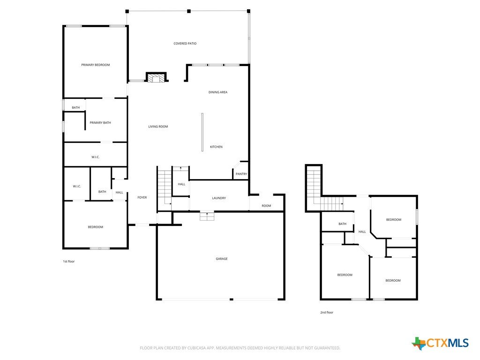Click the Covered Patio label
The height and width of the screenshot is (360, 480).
[x=185, y=44]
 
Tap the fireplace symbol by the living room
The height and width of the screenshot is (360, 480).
[x=156, y=77]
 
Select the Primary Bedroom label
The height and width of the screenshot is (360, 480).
[x=96, y=65]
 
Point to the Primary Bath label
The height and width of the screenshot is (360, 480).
[x=100, y=123]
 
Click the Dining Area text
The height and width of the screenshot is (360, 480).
[x=218, y=92]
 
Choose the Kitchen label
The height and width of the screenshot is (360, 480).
[x=216, y=147]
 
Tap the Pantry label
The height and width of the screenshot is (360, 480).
[x=241, y=174]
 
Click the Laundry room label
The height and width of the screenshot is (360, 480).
[x=219, y=198]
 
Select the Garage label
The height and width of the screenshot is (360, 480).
[x=222, y=259]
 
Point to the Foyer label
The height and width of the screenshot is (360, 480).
[x=142, y=197]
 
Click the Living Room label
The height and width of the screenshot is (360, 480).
[x=158, y=127]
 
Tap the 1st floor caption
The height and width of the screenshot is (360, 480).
[x=69, y=262]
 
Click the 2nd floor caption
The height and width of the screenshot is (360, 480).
[x=327, y=313]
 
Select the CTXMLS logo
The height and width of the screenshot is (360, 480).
[x=440, y=343]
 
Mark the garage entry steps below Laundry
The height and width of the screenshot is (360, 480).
[x=207, y=216]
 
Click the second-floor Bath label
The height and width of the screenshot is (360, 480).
[x=342, y=224]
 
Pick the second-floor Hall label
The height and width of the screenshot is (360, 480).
[x=362, y=232]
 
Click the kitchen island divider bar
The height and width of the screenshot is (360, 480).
[x=202, y=132]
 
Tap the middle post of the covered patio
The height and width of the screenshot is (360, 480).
[x=189, y=11]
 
